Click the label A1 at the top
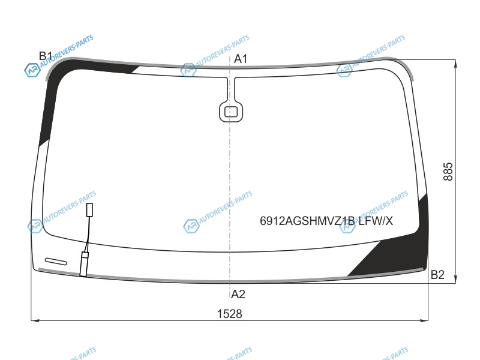coord(241,59)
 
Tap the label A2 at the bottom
coord(238,294)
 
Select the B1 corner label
coord(46,56)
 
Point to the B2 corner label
coord(437,275)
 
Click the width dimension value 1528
coord(229,314)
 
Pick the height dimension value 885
coord(448,172)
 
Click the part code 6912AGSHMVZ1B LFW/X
coord(326,221)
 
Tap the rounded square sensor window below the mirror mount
coord(231,112)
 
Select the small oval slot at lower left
coord(56,262)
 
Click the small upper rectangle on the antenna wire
coord(89,209)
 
